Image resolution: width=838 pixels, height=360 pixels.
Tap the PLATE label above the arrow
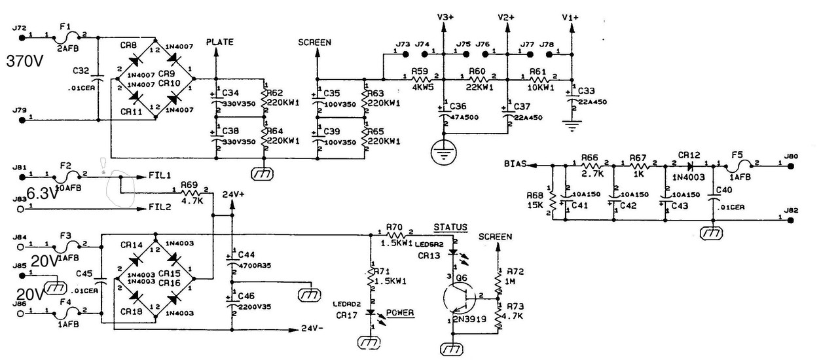click(x=220, y=42)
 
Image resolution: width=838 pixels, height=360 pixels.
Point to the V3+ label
click(x=445, y=17)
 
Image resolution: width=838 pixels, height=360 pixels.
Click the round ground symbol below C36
click(x=444, y=155)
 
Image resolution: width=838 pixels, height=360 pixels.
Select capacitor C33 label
click(x=587, y=90)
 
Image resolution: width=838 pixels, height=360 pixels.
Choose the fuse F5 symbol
click(x=738, y=165)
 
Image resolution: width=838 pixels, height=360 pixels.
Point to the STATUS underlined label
click(x=450, y=226)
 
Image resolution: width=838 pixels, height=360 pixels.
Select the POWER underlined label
click(x=400, y=313)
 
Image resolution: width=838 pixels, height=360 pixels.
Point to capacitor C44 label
click(x=246, y=253)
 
